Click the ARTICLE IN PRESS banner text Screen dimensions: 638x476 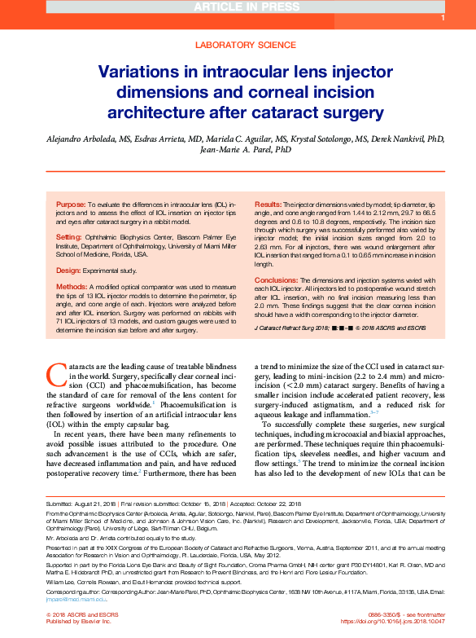[238, 7]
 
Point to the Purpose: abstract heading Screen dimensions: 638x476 [71, 202]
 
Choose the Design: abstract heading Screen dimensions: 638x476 [68, 270]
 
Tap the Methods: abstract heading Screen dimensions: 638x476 [71, 287]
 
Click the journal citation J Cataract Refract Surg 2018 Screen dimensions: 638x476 [294, 327]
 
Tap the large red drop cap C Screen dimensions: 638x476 [56, 374]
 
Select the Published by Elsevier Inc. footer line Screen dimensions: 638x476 [81, 621]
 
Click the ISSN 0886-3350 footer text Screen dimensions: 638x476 [382, 613]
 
